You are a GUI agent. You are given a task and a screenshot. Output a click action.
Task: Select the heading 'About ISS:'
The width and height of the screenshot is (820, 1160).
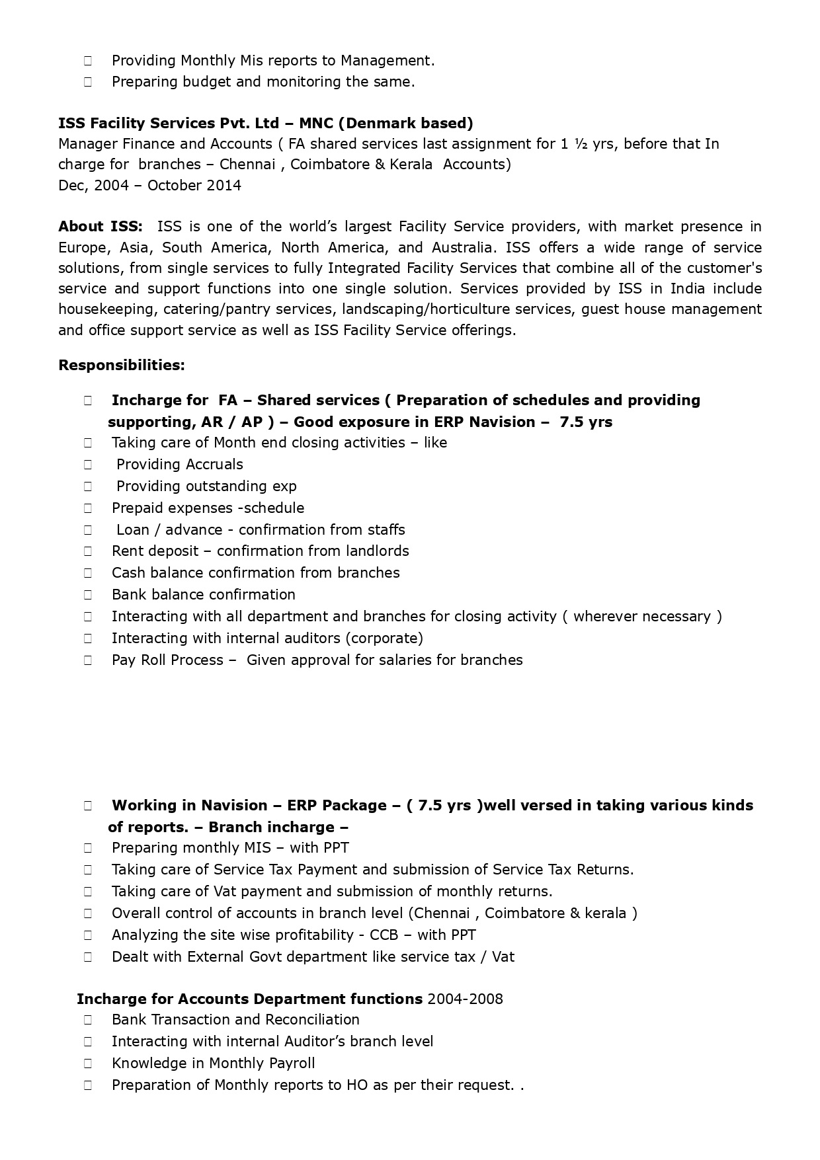click(100, 227)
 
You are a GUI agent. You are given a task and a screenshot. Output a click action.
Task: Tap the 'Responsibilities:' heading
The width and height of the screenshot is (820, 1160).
click(122, 365)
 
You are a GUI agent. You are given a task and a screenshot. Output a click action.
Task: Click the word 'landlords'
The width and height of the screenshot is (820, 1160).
click(376, 551)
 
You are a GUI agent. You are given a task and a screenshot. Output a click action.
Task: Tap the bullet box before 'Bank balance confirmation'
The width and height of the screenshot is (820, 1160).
click(88, 595)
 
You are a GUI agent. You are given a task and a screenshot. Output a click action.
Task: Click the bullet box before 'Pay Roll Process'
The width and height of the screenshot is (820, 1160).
click(88, 660)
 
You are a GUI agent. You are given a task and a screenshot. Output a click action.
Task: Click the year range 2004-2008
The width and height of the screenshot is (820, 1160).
click(465, 999)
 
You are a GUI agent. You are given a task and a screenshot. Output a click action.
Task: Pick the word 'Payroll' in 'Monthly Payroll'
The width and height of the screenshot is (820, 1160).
click(292, 1063)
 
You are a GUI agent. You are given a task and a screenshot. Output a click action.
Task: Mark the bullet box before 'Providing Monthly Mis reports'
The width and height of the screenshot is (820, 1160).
click(88, 61)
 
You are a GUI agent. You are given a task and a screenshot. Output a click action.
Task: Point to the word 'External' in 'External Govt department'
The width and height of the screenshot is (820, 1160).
click(216, 957)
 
